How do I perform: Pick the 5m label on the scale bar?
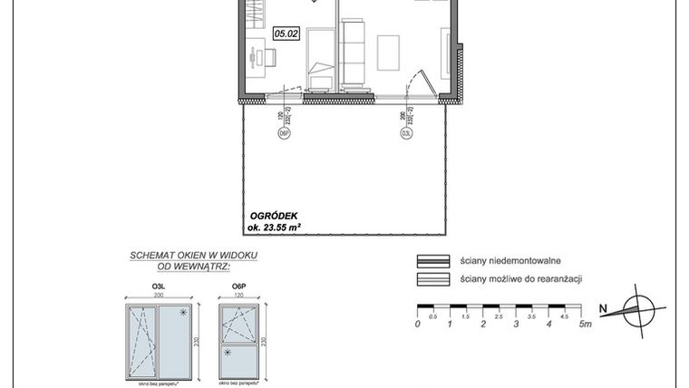(x=586, y=323)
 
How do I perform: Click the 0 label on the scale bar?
(x=417, y=323)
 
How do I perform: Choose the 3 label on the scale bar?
(x=517, y=323)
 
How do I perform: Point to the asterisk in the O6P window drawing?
(x=228, y=352)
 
